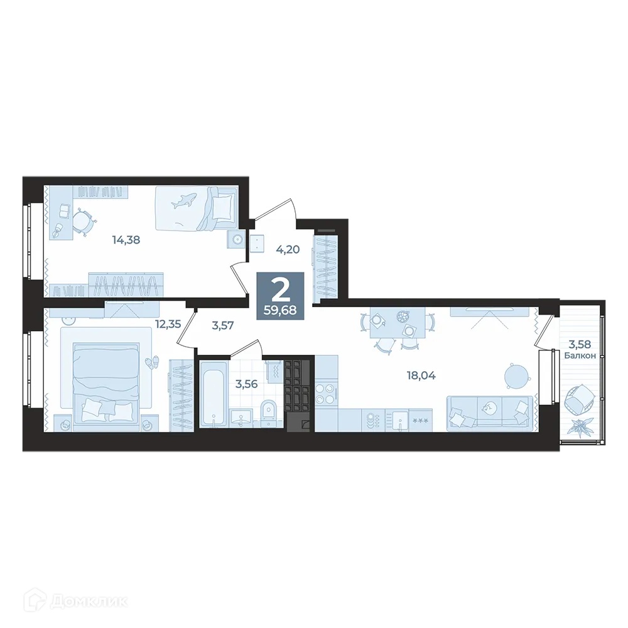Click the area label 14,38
126,241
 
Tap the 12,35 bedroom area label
168,324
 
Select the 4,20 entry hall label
288,249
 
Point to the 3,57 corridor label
223,325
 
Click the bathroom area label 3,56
247,384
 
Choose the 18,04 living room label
421,376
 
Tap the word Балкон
580,355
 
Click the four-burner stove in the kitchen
325,394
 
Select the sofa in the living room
490,413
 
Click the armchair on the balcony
580,399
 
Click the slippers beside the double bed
151,362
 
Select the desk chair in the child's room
84,220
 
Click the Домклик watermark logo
76,602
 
